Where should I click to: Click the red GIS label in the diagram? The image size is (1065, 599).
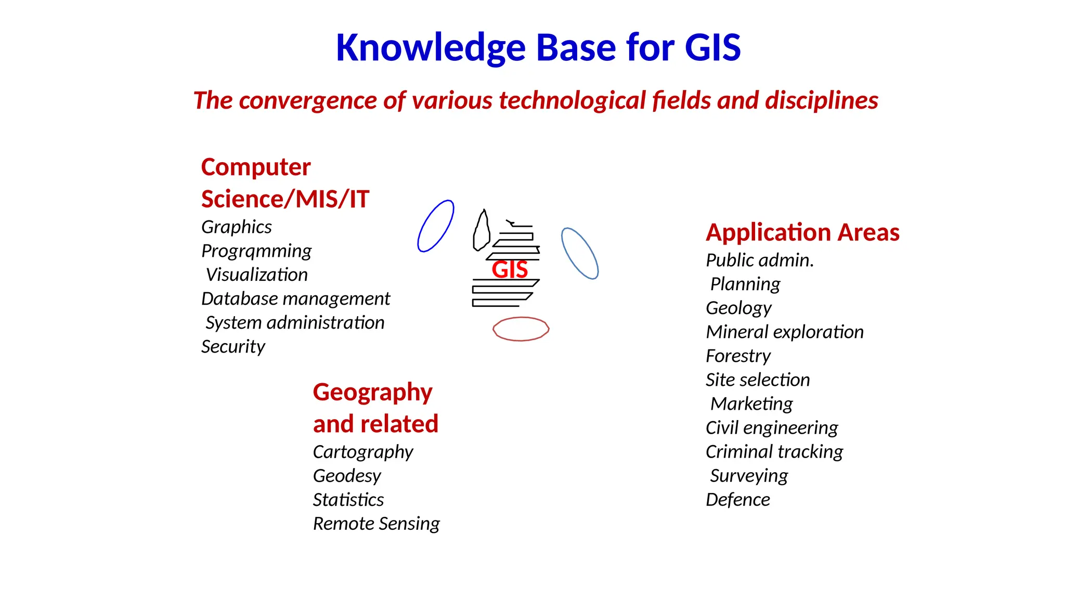point(510,269)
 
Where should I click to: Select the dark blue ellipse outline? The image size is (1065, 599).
point(436,226)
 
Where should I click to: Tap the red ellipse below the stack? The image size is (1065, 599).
point(521,329)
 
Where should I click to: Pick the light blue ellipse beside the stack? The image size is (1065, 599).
point(580,253)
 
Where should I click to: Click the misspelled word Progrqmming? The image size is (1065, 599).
point(256,251)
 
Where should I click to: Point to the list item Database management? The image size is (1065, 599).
point(295,298)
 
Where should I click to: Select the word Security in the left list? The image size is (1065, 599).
point(233,346)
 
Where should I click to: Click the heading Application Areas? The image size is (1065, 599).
point(802,232)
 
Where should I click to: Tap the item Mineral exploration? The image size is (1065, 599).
point(784,332)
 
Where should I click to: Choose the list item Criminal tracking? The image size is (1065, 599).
point(774,451)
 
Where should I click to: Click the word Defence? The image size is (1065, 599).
point(737,499)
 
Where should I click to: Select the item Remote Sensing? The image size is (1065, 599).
point(376,523)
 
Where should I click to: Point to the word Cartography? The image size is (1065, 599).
point(362,451)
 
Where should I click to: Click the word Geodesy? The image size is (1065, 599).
point(347,475)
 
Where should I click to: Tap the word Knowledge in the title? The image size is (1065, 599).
point(431,48)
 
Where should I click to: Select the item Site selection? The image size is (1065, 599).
point(757,380)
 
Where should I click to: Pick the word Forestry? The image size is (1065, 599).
point(738,356)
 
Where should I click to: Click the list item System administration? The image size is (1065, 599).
point(295,322)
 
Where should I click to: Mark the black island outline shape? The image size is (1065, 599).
point(482,231)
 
